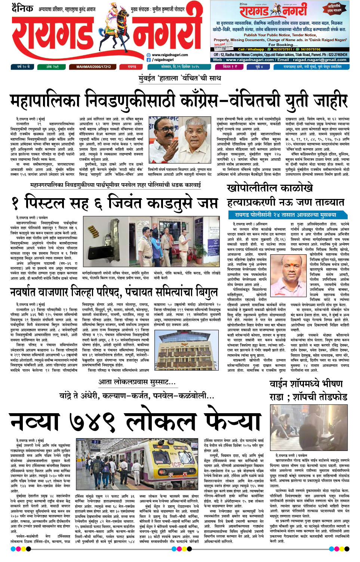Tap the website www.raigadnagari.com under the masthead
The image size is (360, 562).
click(x=170, y=55)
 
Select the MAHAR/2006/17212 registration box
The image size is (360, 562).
click(x=93, y=67)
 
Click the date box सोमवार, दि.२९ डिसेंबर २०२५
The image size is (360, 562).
click(x=180, y=67)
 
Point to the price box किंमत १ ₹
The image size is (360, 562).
click(x=230, y=67)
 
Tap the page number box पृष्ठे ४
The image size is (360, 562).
click(x=259, y=67)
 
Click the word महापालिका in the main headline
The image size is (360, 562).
click(x=45, y=101)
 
